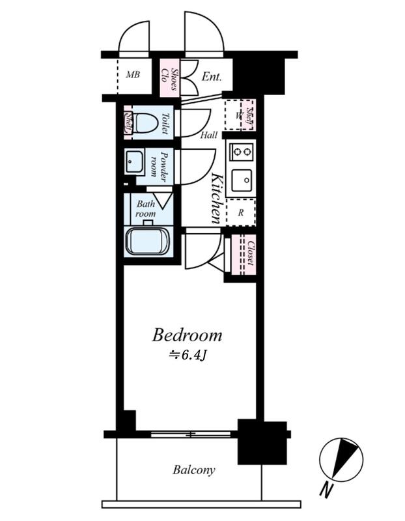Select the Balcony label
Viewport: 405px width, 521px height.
point(193,470)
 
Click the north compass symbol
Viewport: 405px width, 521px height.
point(341,460)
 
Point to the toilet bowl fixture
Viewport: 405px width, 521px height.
point(147,123)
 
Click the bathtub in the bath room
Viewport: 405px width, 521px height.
point(148,242)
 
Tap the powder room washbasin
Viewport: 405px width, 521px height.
point(135,162)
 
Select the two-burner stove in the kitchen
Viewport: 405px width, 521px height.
point(242,152)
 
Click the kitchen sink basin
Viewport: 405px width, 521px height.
point(242,180)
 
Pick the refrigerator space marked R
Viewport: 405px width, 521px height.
point(241,212)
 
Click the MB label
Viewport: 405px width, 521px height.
point(133,74)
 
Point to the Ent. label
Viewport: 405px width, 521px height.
point(212,77)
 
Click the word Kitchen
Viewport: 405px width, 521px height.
point(216,199)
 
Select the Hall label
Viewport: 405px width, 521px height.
point(209,135)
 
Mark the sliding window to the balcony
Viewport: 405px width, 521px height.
point(191,434)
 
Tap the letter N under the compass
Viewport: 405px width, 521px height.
point(326,490)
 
